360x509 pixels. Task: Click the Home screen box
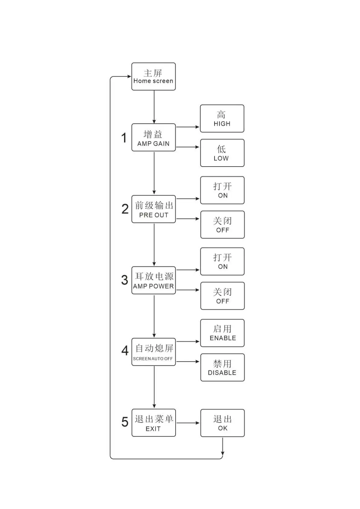[x=153, y=76]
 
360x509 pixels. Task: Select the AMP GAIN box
[x=153, y=138]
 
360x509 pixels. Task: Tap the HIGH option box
[x=222, y=118]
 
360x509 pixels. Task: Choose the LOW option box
[x=222, y=153]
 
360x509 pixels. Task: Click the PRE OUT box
[x=153, y=209]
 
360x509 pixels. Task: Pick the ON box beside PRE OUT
[x=222, y=190]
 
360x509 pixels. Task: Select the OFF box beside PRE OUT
[x=222, y=225]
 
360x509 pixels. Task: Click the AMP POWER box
[x=153, y=280]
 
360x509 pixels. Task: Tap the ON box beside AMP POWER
[x=222, y=261]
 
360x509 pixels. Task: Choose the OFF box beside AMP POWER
[x=222, y=296]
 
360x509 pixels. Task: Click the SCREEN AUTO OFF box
[x=153, y=352]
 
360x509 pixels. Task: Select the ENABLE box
[x=222, y=333]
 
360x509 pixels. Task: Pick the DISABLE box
[x=222, y=367]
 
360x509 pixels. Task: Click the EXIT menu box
[x=153, y=423]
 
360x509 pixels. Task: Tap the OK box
[x=222, y=423]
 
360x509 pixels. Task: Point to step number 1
[x=124, y=138]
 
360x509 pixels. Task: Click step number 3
[x=125, y=280]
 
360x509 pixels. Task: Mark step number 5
[x=125, y=422]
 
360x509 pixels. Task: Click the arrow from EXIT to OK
[x=188, y=423]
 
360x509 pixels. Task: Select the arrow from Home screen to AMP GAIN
[x=154, y=107]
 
